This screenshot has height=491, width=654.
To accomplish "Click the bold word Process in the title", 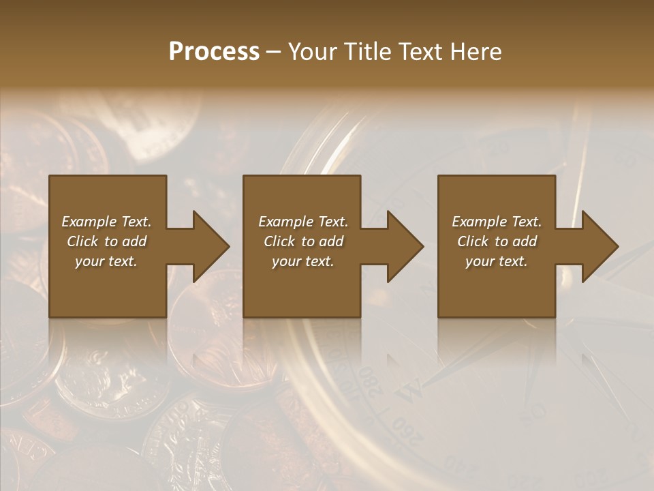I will pos(214,52).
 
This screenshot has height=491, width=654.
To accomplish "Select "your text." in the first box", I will pos(106,261).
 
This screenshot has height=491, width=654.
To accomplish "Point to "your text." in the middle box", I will pos(302,261).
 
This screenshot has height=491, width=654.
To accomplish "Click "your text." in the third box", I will pos(496,261).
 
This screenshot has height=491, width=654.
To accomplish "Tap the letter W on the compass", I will pos(411,393).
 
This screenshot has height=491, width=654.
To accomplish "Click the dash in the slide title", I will pos(274,53).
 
